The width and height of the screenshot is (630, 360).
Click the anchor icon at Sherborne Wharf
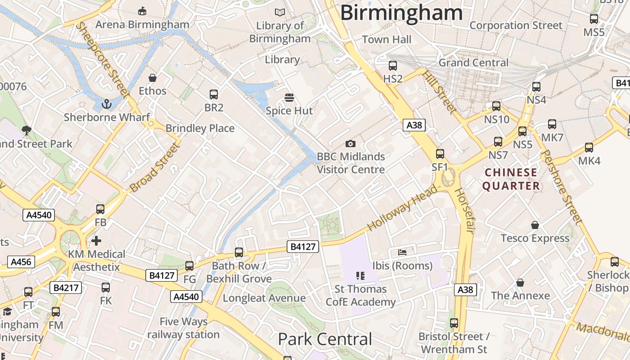pos(107,104)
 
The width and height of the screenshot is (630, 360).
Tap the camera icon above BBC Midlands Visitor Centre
pos(350,144)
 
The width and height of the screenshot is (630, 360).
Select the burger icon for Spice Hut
pos(289,98)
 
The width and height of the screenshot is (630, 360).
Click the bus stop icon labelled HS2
pos(393,66)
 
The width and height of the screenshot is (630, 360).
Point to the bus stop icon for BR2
pos(214,94)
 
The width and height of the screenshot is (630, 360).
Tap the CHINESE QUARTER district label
pos(511,179)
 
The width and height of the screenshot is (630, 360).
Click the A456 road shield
pos(21,262)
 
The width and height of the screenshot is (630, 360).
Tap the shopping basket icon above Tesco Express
pos(535,225)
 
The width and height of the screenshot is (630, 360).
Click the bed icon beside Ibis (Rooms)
pos(402,252)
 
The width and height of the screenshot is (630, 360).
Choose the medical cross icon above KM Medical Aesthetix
pos(96,241)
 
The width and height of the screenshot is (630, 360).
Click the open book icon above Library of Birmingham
pos(280,13)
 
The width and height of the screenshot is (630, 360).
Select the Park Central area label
pos(325,339)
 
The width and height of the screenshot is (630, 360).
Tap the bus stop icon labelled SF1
pos(440,154)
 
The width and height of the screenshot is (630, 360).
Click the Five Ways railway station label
pos(183,328)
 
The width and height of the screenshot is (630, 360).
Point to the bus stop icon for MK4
pos(589,148)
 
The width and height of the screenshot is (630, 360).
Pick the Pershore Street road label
pos(561,187)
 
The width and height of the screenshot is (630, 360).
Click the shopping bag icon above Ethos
pos(153,78)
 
